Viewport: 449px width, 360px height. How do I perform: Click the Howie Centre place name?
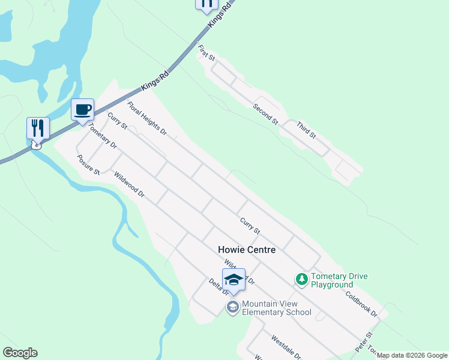tap(247, 250)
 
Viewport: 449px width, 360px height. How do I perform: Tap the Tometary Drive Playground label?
tap(340, 280)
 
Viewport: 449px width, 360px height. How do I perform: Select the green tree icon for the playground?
tap(301, 279)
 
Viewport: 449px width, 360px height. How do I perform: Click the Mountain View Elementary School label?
tap(277, 308)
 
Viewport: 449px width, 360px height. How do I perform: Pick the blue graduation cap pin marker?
tap(234, 280)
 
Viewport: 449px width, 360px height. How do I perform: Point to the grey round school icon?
tap(232, 307)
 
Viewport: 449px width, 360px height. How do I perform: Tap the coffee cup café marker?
tap(82, 110)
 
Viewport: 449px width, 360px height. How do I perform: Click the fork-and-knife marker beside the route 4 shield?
tap(38, 128)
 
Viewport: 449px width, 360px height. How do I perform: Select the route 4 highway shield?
tap(37, 145)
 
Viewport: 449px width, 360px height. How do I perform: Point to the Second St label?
tap(265, 114)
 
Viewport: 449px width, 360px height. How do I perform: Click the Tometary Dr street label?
tap(102, 136)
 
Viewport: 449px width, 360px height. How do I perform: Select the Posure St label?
tap(88, 166)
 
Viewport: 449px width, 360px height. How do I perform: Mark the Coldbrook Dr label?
tap(361, 304)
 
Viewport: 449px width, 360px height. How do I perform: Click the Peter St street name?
tap(364, 341)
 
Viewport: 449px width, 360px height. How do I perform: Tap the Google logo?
tap(20, 353)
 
